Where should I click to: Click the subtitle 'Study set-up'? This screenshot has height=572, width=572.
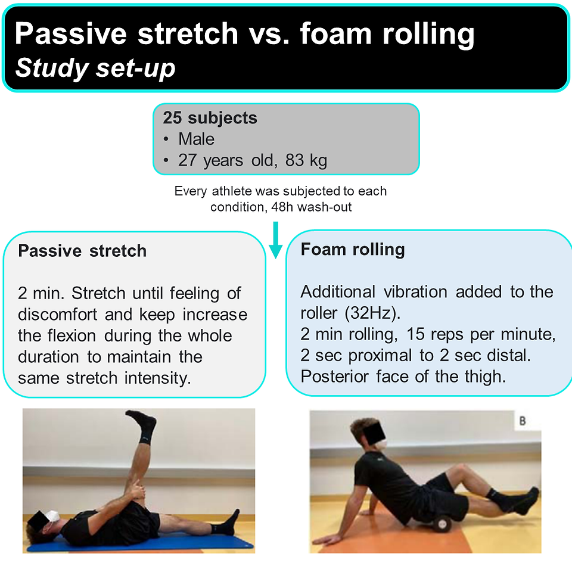tap(95, 68)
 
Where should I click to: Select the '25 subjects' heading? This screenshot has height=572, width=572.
tap(210, 118)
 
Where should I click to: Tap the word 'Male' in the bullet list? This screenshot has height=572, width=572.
tap(196, 139)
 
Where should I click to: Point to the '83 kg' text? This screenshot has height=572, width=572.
tap(306, 160)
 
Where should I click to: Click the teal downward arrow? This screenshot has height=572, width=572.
tap(276, 240)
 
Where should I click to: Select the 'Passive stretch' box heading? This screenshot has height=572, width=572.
tap(82, 251)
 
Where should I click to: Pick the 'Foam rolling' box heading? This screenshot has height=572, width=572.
tap(353, 250)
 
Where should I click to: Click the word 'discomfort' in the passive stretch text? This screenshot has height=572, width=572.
tap(57, 315)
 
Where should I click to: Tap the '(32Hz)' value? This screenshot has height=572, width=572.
tap(372, 313)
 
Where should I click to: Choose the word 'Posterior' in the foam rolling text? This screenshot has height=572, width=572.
tap(334, 377)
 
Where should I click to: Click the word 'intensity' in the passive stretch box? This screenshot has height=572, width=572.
tap(157, 378)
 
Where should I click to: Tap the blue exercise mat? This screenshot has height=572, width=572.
tap(141, 543)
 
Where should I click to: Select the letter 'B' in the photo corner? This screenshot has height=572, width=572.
tap(523, 421)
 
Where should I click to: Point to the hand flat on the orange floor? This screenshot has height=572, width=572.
tap(329, 540)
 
